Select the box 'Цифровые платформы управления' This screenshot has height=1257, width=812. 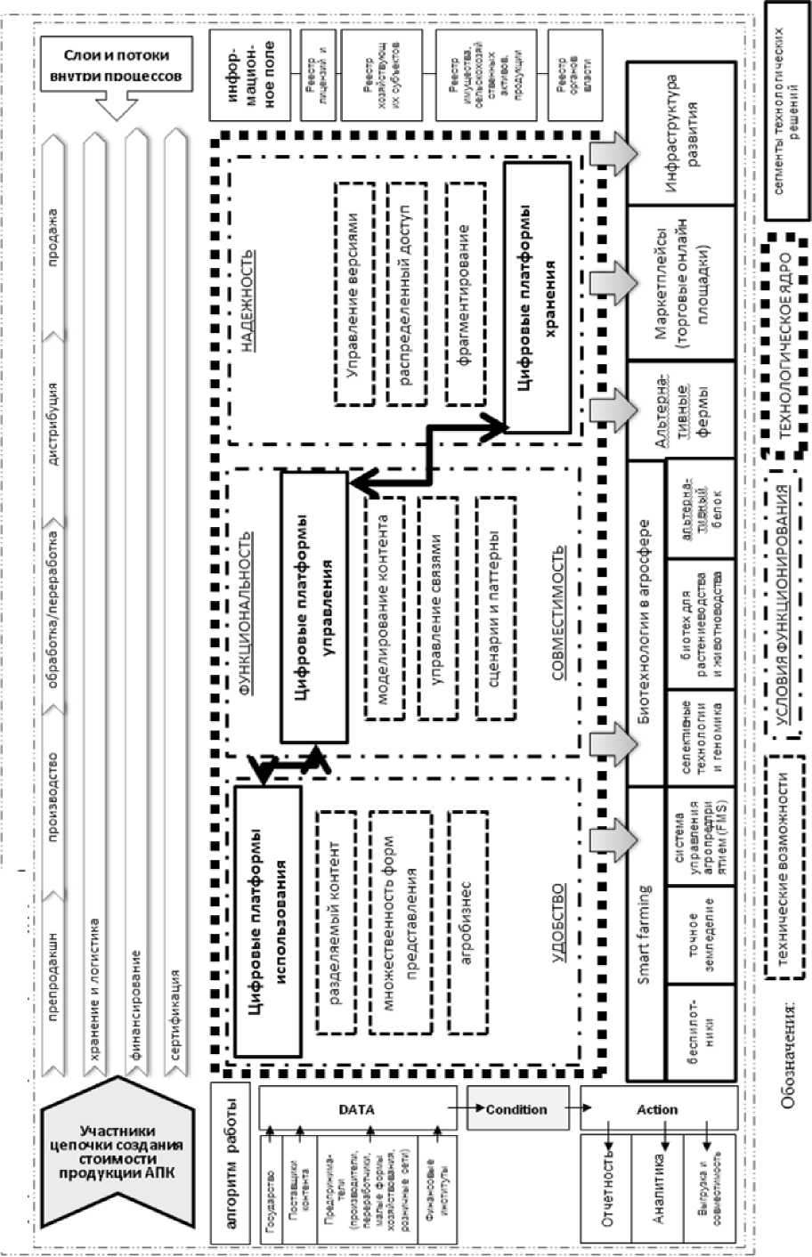click(314, 606)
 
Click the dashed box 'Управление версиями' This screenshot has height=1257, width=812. click(354, 295)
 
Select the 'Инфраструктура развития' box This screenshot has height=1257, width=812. click(681, 133)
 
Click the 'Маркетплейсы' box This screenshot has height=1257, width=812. click(681, 282)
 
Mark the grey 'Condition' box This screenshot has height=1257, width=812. click(516, 1109)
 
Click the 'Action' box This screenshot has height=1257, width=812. click(658, 1109)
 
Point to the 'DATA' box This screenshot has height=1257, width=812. click(356, 1109)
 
